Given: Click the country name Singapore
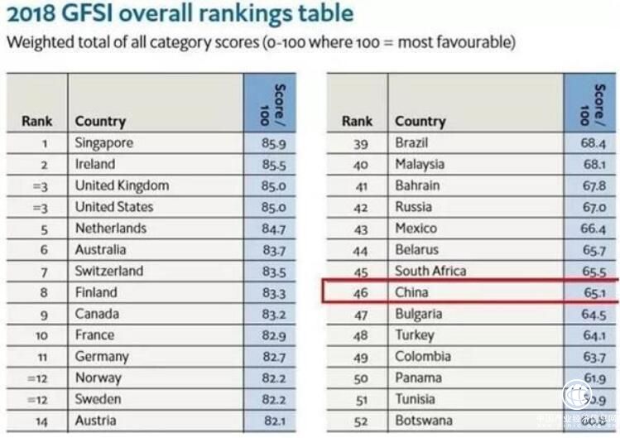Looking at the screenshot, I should [103, 142].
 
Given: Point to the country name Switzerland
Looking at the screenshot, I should [108, 271].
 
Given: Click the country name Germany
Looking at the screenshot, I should [102, 356].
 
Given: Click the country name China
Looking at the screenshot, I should [411, 292].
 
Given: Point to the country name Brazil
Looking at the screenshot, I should [411, 142].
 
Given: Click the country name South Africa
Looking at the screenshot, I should [430, 271].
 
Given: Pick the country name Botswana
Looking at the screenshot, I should [423, 421].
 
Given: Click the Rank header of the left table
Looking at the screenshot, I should [36, 121].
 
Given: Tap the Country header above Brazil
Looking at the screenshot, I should [420, 121].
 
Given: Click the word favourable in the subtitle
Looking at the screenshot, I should [470, 42].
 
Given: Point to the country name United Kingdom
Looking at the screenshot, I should [122, 185].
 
